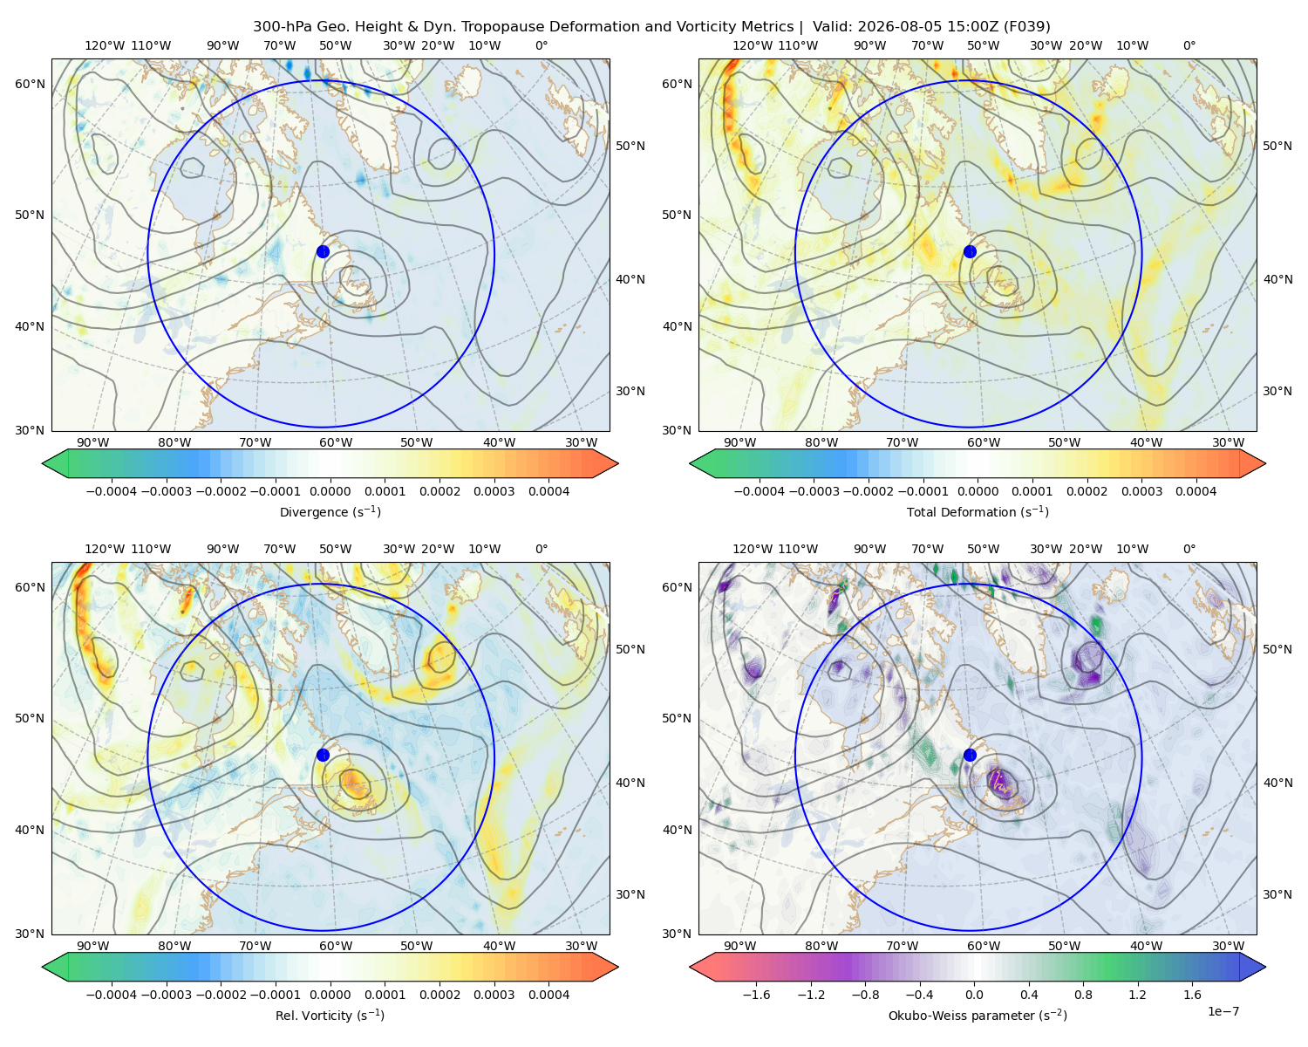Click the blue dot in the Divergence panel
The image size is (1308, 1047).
(323, 252)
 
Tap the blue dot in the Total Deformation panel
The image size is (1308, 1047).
(970, 252)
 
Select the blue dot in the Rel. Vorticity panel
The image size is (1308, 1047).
(323, 755)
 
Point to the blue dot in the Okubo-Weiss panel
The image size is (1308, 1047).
(970, 755)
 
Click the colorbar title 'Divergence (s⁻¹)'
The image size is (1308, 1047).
(330, 511)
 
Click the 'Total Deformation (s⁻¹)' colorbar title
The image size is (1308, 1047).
(978, 511)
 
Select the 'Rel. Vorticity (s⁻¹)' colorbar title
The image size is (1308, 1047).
(330, 1015)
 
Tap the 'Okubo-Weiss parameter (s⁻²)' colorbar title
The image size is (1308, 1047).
(978, 1015)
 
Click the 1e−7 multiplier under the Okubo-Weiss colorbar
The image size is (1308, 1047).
(1223, 1011)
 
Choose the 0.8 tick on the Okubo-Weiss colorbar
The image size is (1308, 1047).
(1083, 995)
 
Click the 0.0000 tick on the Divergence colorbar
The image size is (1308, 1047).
(330, 491)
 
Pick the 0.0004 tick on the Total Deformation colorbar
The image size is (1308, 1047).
(1196, 491)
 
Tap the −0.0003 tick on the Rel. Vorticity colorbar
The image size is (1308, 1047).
(166, 995)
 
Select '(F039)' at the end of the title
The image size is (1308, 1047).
(1026, 27)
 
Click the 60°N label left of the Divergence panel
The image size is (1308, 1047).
(30, 84)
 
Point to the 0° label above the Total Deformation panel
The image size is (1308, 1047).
(1189, 45)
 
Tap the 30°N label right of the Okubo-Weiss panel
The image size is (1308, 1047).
(1277, 894)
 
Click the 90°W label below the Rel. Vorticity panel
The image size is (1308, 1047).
(93, 946)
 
